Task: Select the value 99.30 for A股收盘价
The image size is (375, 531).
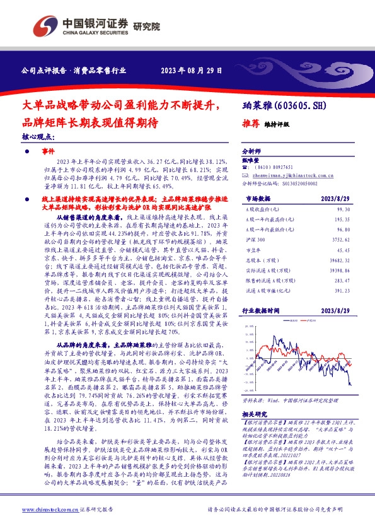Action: (342, 208)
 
